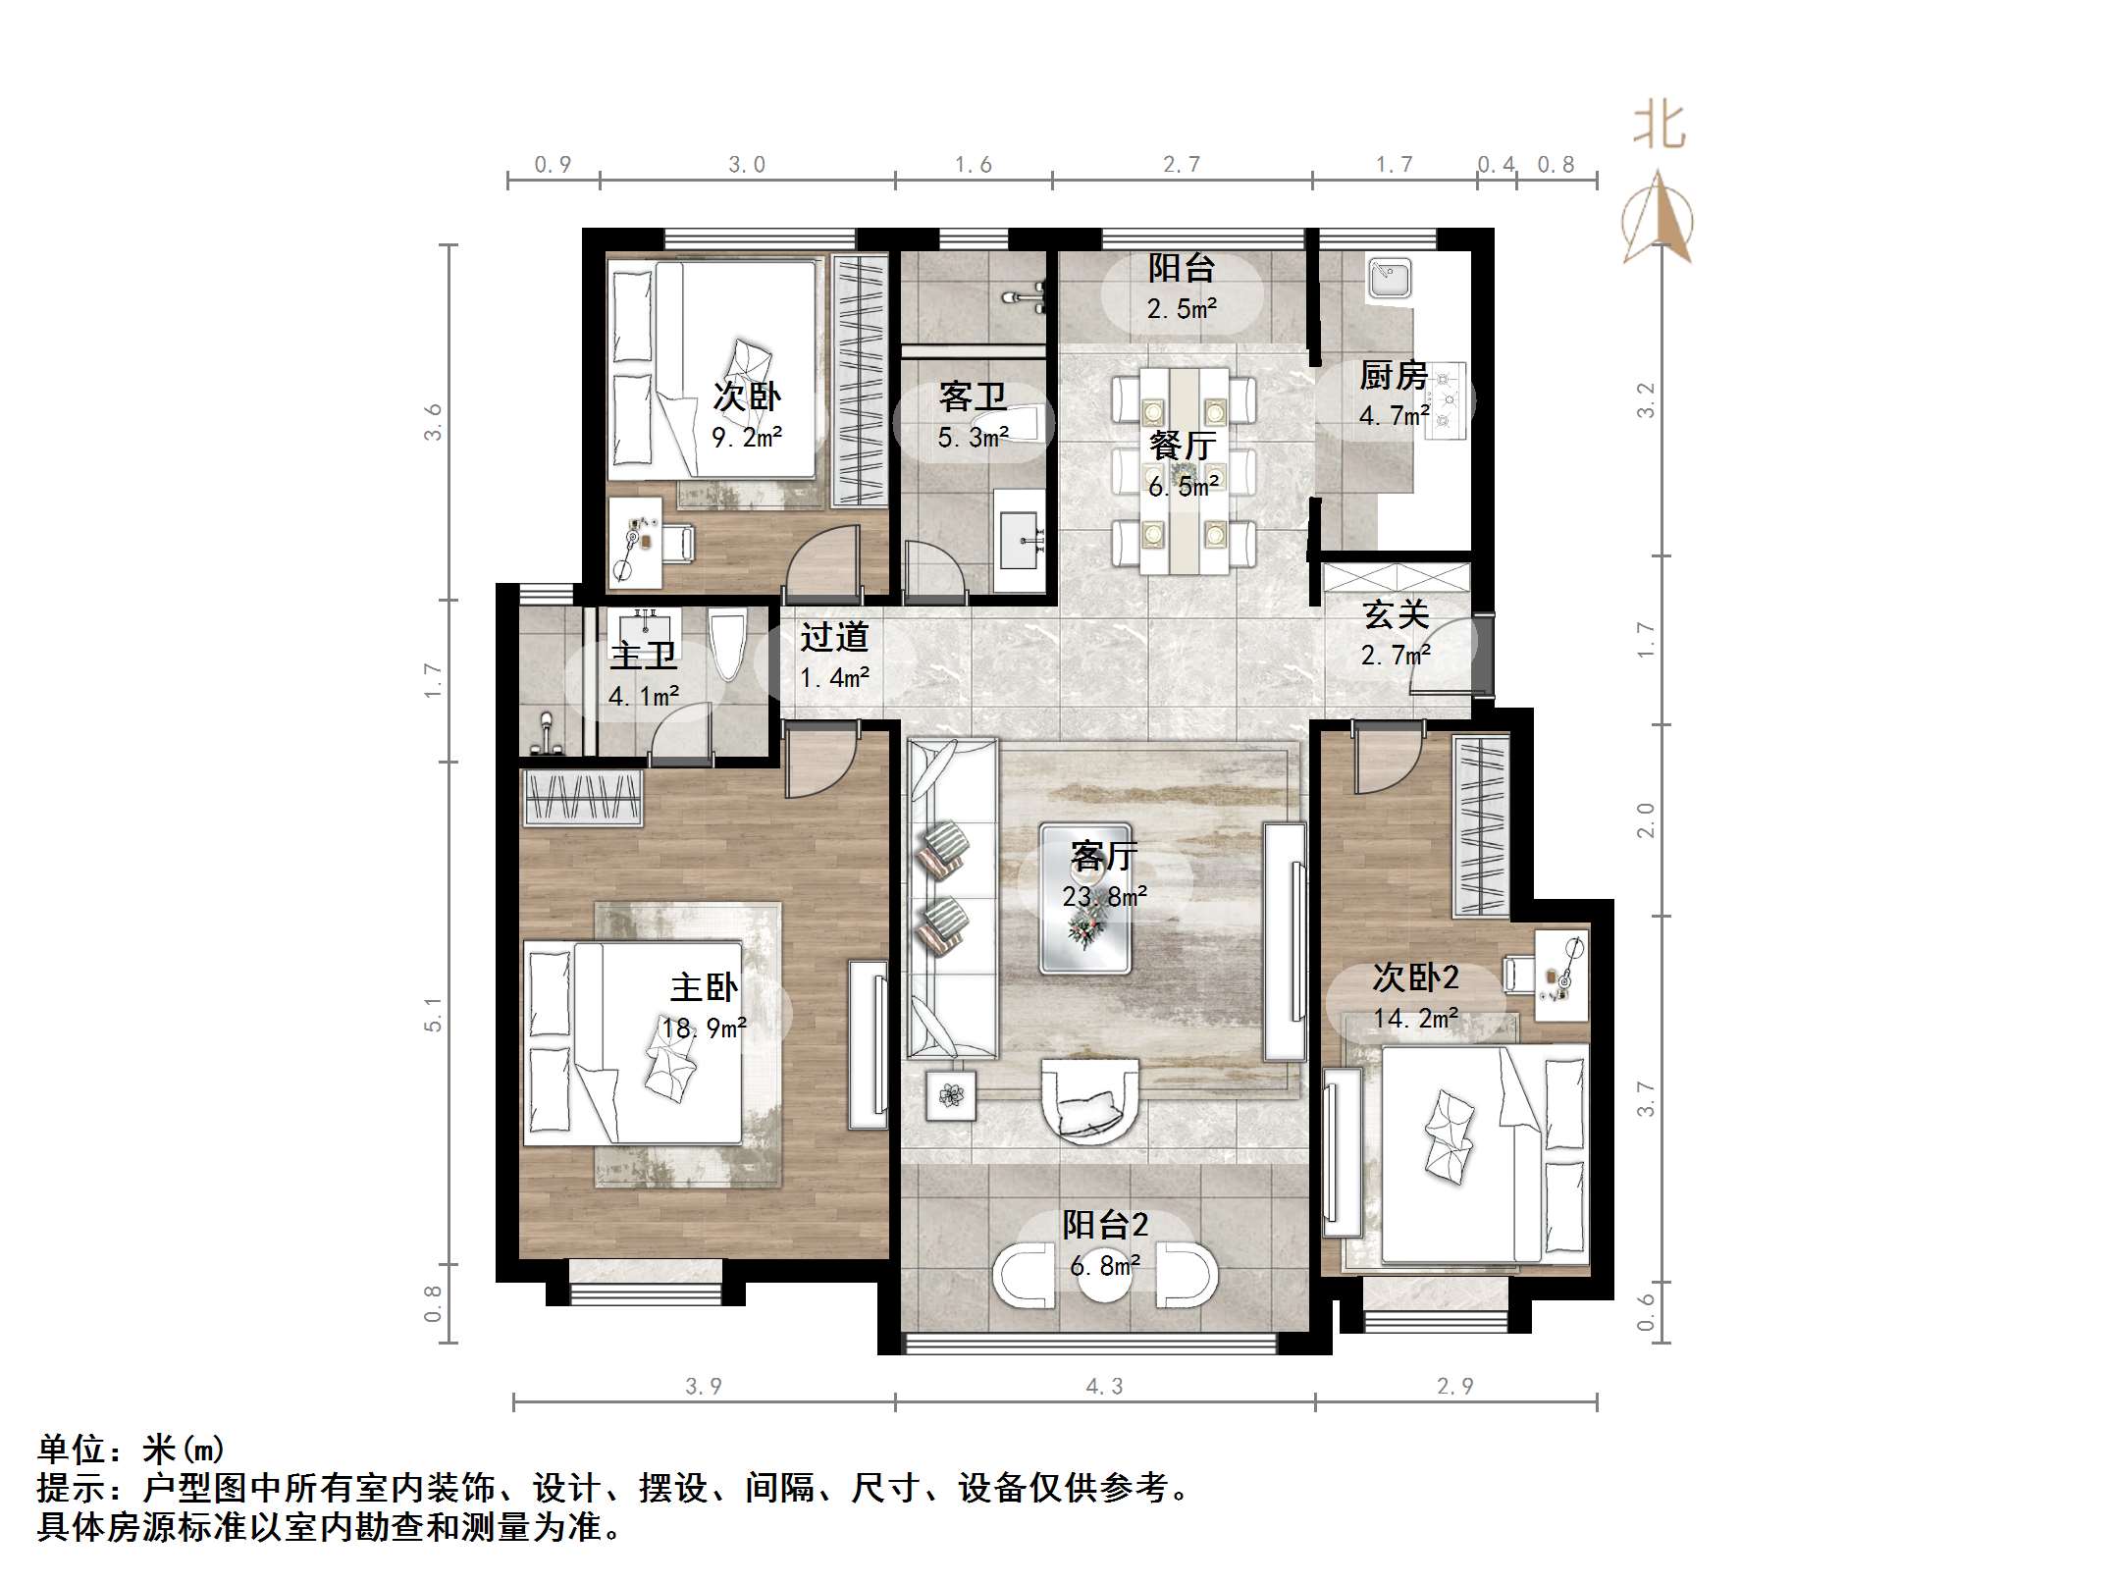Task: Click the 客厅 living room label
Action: (1104, 857)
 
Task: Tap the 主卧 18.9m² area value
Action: (704, 1029)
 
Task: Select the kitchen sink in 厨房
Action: (1391, 279)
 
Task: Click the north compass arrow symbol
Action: (1658, 217)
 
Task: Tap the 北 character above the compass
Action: (1659, 127)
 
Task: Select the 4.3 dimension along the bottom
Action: (1104, 1386)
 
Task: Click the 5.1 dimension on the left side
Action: (433, 1014)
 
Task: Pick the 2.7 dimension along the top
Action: (1182, 164)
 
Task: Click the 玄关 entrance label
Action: (1396, 614)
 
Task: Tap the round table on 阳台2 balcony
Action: (1106, 1276)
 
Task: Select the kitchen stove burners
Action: (1446, 398)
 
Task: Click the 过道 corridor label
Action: (834, 637)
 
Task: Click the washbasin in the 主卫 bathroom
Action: (644, 627)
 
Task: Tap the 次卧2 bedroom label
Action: (1415, 976)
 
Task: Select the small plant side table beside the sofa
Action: (951, 1094)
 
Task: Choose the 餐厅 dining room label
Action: (1183, 446)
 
